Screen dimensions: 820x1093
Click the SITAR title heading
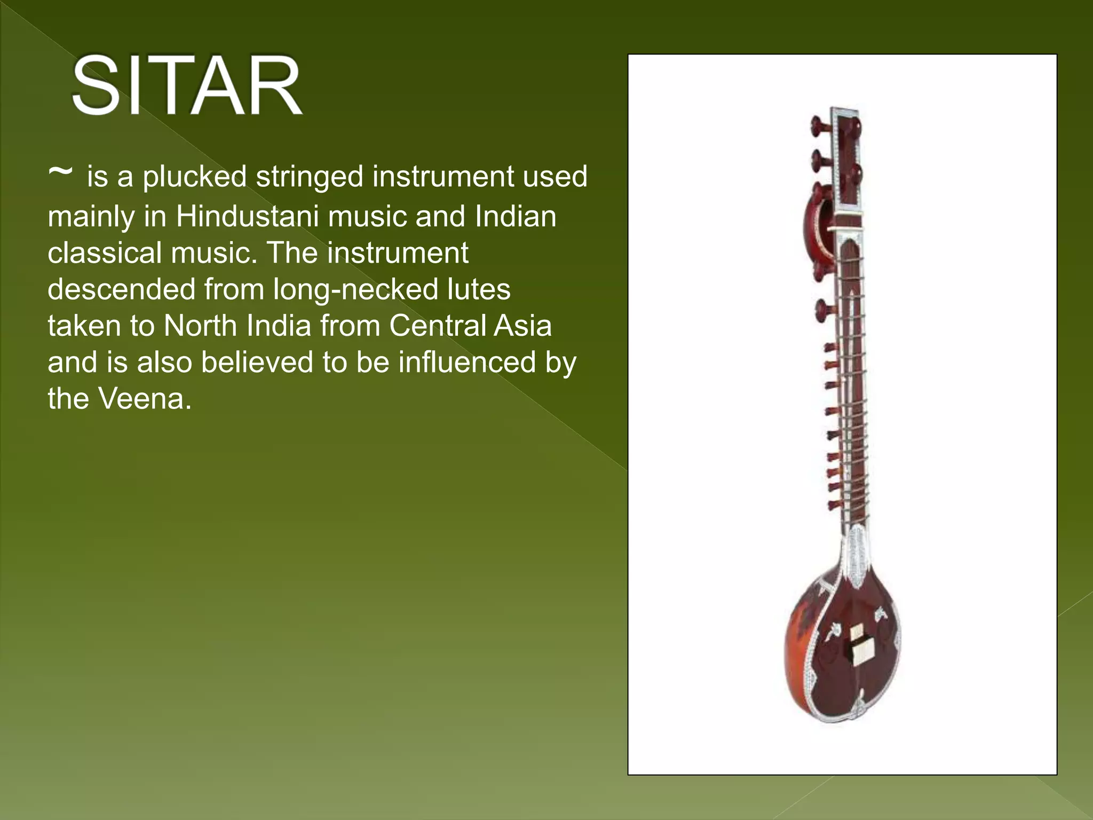tap(187, 86)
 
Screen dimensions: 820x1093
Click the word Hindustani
tap(247, 216)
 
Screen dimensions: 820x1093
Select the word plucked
tap(194, 177)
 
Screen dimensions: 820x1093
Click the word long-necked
tap(355, 289)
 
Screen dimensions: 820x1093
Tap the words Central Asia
tap(470, 326)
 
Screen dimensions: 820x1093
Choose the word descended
tap(122, 289)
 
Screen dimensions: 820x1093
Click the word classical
tap(105, 253)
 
